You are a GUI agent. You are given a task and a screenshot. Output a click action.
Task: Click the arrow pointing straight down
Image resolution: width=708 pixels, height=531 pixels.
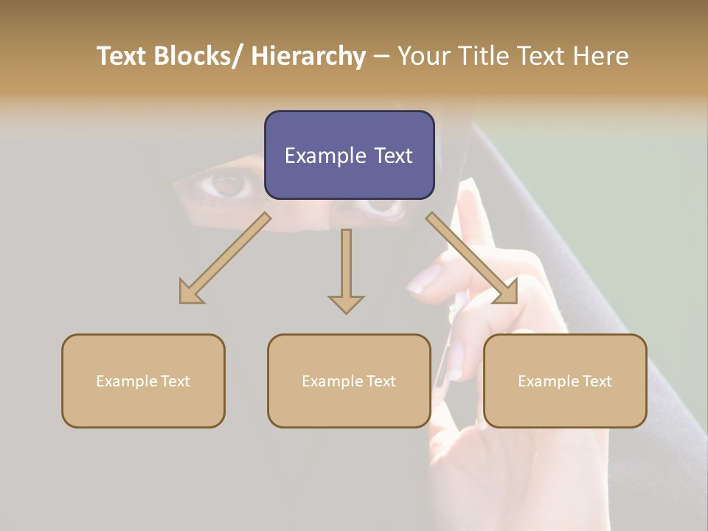click(x=346, y=270)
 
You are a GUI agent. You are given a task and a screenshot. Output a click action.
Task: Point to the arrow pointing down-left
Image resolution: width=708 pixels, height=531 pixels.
click(x=225, y=258)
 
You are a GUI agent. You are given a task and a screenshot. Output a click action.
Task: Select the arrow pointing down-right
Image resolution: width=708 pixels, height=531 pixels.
click(x=472, y=258)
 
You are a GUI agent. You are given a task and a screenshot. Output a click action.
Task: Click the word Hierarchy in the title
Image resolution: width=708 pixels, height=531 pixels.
click(x=308, y=56)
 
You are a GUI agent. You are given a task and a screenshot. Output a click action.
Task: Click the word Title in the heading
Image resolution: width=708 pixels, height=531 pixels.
click(x=486, y=56)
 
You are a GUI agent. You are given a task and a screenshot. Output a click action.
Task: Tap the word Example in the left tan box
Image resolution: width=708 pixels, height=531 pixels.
click(x=122, y=381)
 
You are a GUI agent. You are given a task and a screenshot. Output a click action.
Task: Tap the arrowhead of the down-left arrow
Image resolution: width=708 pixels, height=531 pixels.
click(x=190, y=292)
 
